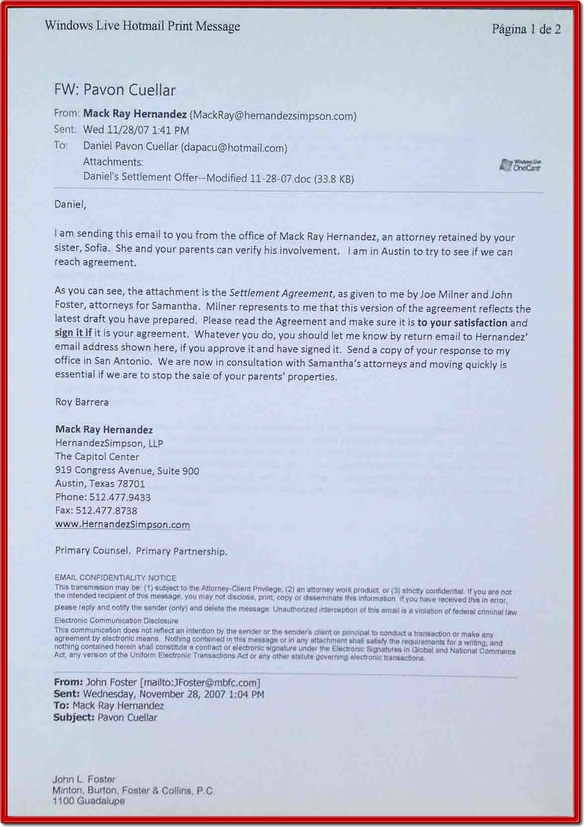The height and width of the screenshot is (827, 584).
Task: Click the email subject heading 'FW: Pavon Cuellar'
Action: point(115,90)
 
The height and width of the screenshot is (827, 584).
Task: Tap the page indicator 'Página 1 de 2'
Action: point(526,29)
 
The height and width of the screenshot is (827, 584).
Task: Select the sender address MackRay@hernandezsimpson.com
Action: point(273,116)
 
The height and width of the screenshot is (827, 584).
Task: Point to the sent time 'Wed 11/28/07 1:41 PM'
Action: point(136,130)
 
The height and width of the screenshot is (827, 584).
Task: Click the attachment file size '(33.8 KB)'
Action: point(334,179)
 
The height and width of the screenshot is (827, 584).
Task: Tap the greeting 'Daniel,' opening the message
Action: point(70,204)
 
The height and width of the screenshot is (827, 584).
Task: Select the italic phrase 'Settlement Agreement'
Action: point(281,293)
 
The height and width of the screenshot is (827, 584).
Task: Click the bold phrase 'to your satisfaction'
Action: point(462,323)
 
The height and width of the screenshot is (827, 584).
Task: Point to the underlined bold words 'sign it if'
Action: point(73,333)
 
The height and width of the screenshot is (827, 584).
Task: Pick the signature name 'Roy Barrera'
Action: point(82,402)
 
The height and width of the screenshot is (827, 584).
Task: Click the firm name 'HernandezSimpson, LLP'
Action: point(109,443)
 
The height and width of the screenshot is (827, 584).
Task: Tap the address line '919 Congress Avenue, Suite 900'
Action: point(127,470)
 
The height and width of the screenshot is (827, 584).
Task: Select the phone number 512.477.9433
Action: point(120,497)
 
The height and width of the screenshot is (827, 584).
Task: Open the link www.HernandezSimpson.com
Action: point(122,524)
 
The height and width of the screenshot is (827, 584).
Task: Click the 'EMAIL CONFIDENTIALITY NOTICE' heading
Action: point(115,578)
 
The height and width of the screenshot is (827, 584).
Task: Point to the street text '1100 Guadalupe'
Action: point(88,801)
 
